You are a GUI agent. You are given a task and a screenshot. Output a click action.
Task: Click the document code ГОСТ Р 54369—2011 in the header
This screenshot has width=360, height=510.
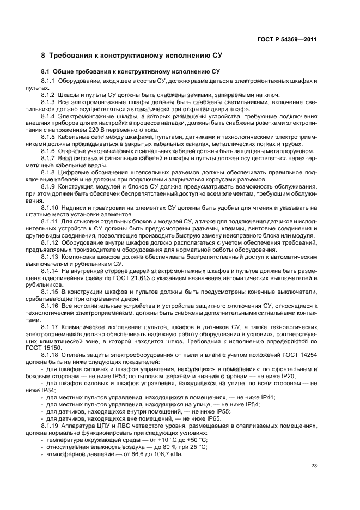pos(287,39)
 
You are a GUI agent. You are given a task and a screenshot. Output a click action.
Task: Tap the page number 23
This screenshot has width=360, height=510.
pos(314,465)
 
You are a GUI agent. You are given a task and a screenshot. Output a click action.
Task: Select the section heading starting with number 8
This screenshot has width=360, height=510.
pos(131,56)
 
